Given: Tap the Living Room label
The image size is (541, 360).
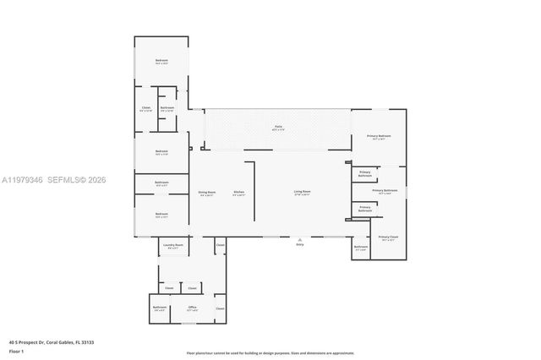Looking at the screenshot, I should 302,193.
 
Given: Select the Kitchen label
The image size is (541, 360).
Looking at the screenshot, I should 239,193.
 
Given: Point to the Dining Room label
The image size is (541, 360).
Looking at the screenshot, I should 206,193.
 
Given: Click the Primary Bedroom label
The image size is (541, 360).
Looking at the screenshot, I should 379,136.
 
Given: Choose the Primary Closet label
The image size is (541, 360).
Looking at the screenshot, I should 388,237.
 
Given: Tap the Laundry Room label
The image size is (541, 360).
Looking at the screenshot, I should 173,246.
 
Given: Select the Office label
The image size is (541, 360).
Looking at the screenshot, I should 192,307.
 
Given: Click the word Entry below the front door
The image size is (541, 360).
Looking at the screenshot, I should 299,246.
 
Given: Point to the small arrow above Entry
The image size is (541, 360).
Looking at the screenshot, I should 299,240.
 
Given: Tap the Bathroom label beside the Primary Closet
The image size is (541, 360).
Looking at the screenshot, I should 360,247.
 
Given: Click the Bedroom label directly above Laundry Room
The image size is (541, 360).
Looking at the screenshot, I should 161,214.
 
